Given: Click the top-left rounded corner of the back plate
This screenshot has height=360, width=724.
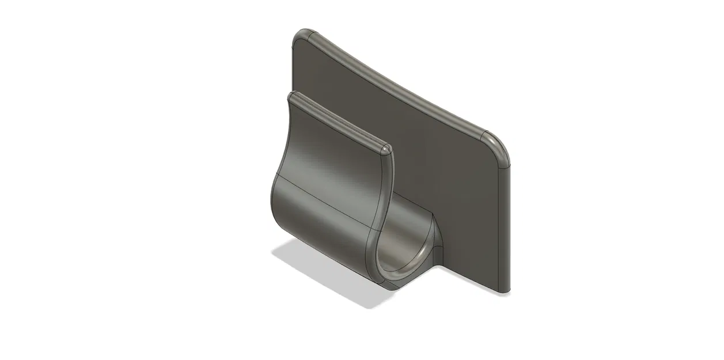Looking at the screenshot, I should click(301, 35).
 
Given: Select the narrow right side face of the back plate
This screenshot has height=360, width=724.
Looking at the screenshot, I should click(505, 230).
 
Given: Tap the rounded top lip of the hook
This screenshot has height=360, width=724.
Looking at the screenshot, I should click(340, 120).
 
